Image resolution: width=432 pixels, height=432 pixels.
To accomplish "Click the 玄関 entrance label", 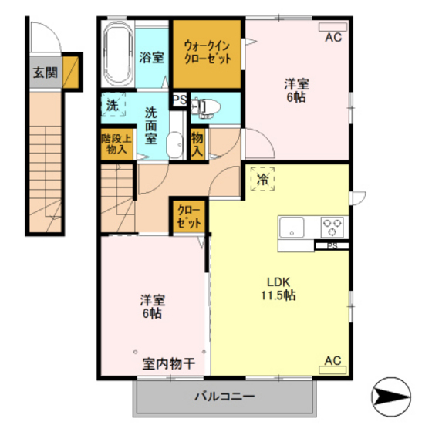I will pos(44,73).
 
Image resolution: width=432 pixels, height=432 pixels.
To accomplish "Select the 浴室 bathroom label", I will pos(152,56).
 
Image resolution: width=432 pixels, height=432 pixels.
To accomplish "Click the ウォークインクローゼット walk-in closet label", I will pos(207,52).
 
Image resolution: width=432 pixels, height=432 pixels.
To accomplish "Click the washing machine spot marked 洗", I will pos(113,106).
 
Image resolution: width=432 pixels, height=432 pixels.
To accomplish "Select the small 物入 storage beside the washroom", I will pos(197,143).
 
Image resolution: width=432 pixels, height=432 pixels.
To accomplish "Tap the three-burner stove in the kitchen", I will pos(332,228).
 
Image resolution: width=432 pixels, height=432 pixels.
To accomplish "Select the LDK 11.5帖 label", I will pos(278,288).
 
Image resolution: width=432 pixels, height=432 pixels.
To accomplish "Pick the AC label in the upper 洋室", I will pos(333,37).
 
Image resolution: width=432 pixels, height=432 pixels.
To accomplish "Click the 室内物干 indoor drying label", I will pos(167,363).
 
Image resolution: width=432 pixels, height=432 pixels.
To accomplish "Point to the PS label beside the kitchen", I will pos(332,246).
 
